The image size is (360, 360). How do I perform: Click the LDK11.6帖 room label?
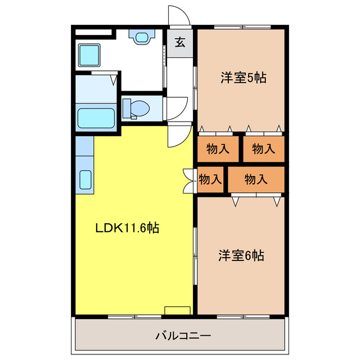127,228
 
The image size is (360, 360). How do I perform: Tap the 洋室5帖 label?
244,78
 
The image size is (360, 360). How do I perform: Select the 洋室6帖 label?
241,255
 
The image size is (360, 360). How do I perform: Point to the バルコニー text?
183,336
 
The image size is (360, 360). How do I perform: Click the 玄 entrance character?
180,42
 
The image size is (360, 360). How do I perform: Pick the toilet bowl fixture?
136,109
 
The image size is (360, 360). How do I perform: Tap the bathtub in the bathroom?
96,118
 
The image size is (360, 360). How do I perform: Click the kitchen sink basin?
85,180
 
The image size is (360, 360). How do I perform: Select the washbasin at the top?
142,37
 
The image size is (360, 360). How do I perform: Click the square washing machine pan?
89,55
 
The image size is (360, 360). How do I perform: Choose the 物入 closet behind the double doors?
210,179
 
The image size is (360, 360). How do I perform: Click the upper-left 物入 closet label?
218,148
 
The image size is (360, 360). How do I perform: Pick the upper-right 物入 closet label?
264,148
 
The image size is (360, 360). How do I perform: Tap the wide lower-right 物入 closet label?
256,179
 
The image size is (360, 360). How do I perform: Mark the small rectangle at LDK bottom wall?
178,310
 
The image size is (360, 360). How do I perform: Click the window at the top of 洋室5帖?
242,27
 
